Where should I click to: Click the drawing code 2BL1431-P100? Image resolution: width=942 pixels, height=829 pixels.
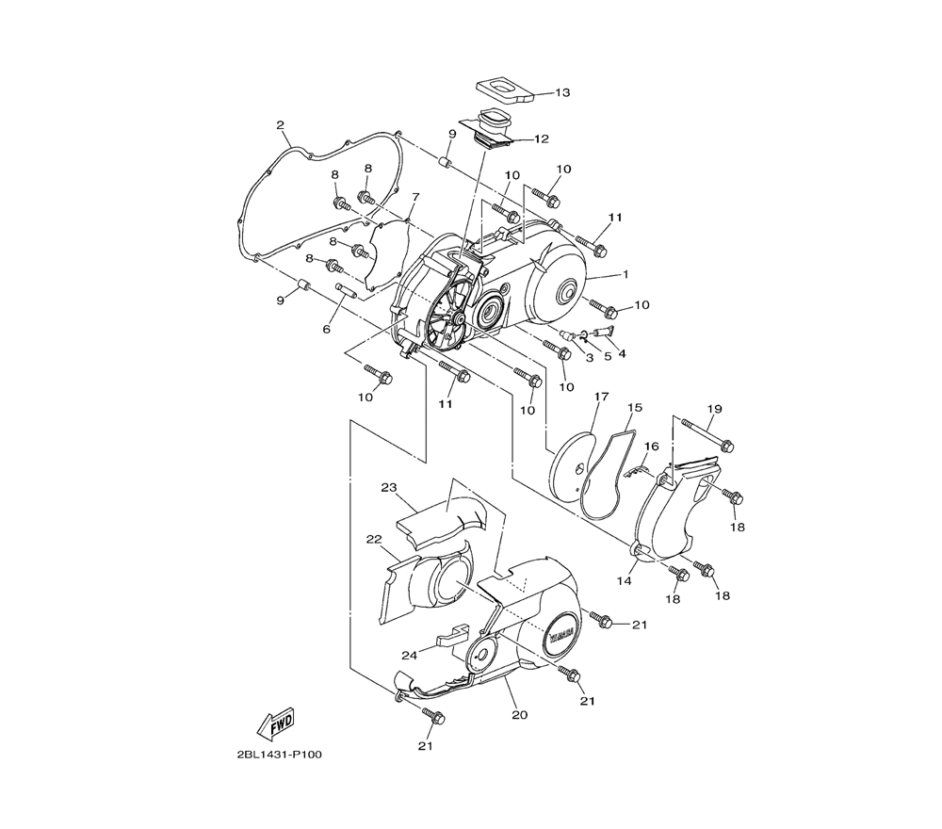point(280,755)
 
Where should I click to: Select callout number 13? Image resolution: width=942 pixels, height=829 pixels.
point(562,92)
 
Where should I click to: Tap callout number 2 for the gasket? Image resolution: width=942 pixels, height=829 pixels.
point(280,125)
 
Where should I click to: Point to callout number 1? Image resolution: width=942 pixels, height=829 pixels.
point(625,274)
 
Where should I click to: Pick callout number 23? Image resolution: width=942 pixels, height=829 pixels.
point(389,487)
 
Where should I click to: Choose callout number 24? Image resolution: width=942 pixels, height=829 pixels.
point(409,656)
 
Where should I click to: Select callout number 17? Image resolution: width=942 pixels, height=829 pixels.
point(601,397)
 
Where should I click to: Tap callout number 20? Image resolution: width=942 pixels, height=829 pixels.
point(520,715)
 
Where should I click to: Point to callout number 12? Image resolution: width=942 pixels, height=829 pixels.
point(542,139)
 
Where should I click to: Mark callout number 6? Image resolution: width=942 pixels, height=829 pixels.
point(327,329)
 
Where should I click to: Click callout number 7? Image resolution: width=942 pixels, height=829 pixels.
point(415,197)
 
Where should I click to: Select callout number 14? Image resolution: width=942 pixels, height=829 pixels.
point(625,581)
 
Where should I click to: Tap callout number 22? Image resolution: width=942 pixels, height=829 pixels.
point(374,540)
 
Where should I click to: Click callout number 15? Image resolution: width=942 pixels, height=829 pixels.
point(634,407)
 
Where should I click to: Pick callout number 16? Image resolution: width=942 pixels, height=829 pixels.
point(651,447)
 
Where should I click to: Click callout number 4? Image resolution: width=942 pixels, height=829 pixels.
point(622,354)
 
